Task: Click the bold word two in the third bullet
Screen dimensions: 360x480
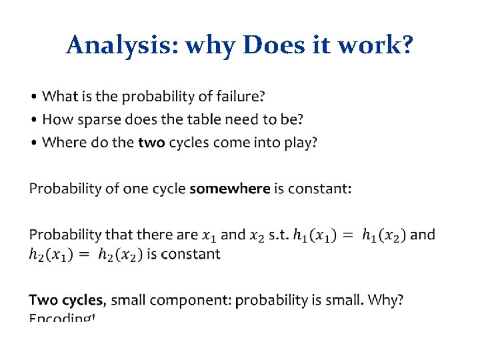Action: coord(152,142)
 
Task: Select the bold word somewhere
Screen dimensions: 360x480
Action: coord(230,189)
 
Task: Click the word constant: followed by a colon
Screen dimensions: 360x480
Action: coord(318,189)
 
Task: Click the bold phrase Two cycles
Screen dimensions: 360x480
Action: coord(67,300)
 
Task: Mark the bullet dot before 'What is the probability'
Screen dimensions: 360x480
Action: coord(34,97)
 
